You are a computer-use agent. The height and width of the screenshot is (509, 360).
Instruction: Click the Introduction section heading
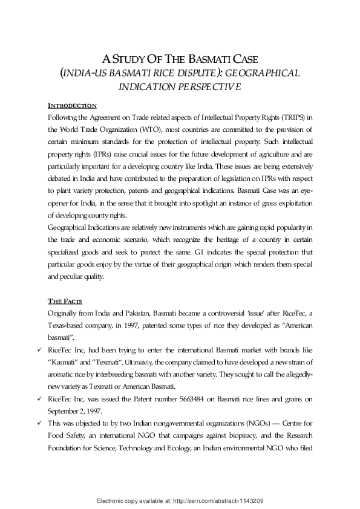pyautogui.click(x=72, y=105)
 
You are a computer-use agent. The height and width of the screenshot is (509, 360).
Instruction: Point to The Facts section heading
pyautogui.click(x=65, y=301)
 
